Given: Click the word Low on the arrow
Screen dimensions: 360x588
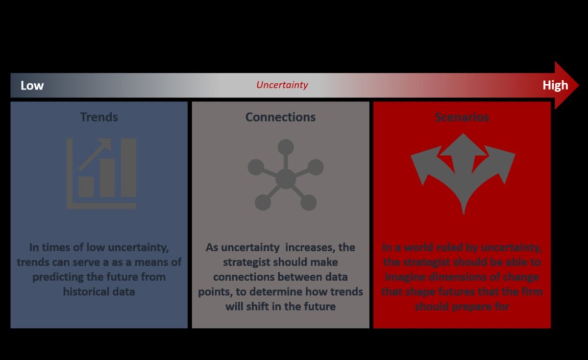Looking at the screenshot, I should [32, 86].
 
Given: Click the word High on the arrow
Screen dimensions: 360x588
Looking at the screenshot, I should [555, 85].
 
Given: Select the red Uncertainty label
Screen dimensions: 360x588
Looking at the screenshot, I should [282, 85].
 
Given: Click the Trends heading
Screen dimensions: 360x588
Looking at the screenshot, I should [99, 117].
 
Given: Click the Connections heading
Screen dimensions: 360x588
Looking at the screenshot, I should [280, 117].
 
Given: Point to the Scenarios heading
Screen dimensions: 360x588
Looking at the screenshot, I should [462, 117].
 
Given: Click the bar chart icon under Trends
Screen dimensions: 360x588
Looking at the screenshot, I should [101, 173].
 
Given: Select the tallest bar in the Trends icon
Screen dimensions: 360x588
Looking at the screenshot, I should [128, 168].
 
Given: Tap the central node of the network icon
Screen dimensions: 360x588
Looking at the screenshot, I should [285, 179].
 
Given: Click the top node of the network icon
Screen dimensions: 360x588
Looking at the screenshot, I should [285, 146].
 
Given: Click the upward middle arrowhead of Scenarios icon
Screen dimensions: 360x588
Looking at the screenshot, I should [463, 144].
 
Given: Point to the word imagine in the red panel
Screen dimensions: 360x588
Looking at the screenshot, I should [405, 277].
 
